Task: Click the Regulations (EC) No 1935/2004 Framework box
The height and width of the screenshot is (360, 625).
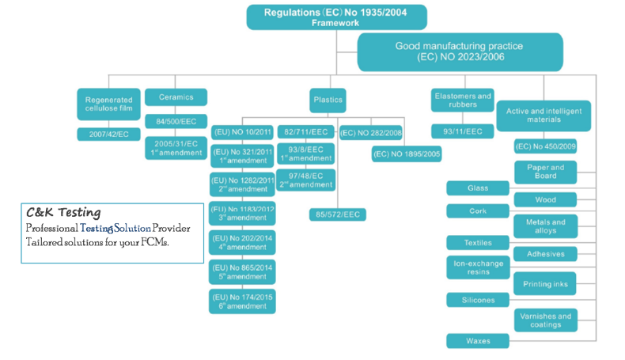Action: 336,17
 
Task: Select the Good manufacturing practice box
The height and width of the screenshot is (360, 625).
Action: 460,51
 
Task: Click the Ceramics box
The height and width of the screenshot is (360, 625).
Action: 176,97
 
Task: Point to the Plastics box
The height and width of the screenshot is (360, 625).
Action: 328,100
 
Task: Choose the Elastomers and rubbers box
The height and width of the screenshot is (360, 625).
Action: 463,100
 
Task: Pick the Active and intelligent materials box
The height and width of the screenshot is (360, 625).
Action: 544,116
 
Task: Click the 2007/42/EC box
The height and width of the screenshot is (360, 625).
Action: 108,135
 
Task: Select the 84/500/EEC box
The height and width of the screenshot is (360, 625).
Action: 176,121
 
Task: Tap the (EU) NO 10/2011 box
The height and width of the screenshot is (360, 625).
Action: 242,132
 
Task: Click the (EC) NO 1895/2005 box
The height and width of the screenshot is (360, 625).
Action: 407,153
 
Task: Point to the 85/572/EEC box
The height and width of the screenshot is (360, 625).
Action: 337,214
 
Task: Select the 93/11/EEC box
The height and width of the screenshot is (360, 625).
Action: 463,131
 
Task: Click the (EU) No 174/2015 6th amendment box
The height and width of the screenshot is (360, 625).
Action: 242,301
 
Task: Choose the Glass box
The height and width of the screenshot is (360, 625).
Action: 477,188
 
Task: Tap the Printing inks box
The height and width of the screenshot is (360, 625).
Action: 545,283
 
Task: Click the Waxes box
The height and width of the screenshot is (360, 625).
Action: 477,341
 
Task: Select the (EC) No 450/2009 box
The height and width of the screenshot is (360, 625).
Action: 545,146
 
